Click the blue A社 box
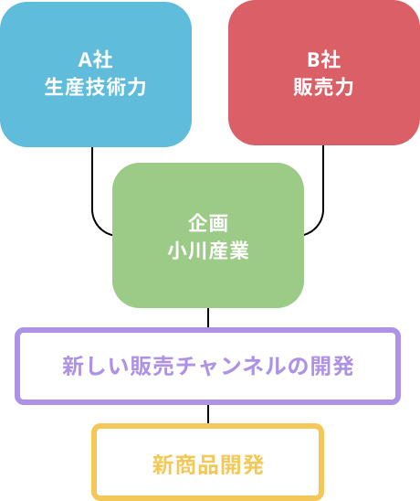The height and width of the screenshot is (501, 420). click(x=96, y=74)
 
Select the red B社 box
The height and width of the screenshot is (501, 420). click(x=324, y=73)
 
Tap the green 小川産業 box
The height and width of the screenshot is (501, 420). click(x=208, y=236)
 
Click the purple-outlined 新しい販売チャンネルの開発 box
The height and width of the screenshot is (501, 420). click(x=208, y=367)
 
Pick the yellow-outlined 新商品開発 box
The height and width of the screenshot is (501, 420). click(x=208, y=463)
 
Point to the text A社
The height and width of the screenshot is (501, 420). click(x=96, y=59)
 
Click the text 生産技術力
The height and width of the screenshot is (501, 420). click(x=95, y=87)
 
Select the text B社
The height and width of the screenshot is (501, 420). click(x=324, y=59)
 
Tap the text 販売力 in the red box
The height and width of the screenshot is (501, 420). click(x=323, y=87)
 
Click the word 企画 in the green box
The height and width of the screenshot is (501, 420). click(x=208, y=223)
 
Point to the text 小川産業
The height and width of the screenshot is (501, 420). click(x=208, y=250)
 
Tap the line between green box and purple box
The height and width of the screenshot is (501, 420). click(x=208, y=318)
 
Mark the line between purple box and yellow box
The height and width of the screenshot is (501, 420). click(x=208, y=414)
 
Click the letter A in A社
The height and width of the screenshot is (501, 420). click(x=86, y=59)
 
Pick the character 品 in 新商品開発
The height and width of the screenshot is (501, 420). click(x=208, y=465)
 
